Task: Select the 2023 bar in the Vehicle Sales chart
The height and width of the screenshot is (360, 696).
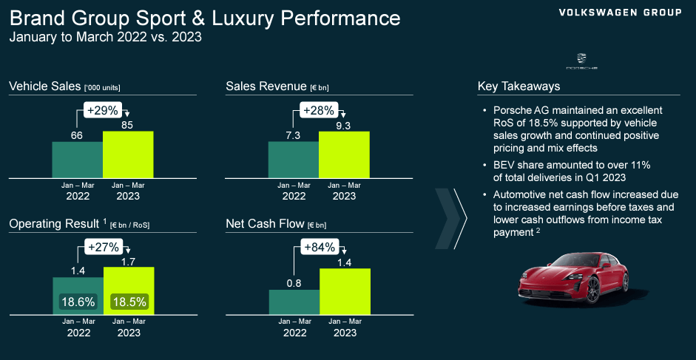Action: (128, 154)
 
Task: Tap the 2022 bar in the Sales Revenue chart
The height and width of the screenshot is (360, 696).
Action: (293, 159)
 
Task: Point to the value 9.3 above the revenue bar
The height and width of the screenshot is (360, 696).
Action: (342, 125)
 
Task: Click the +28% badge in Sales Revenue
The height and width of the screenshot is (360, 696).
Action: (320, 111)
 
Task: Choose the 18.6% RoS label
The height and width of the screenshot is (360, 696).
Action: (78, 302)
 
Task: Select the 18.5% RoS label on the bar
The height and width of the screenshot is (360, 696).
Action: (129, 302)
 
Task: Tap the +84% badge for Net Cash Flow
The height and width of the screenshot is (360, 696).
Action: (320, 247)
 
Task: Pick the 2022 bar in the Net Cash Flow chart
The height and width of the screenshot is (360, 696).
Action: (293, 301)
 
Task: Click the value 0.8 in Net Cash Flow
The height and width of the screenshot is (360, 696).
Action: (293, 282)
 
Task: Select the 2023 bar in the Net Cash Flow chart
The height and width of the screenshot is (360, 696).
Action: (344, 291)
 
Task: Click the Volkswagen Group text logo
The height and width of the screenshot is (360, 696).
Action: (620, 13)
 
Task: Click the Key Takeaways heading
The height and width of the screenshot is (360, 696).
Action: (518, 86)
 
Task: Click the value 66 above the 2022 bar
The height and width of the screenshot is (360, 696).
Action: (77, 135)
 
